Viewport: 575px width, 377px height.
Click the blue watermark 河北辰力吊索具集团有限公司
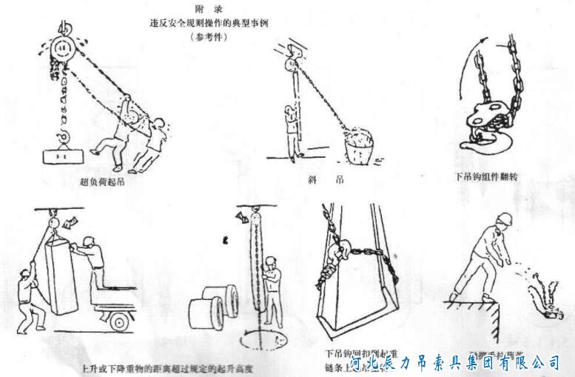(x=455, y=362)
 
